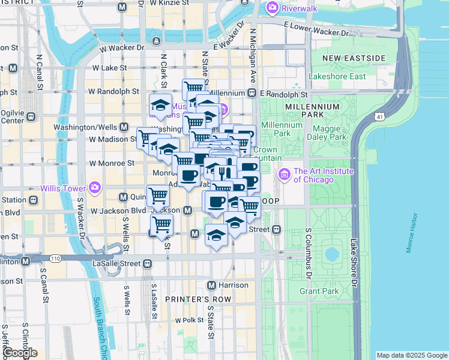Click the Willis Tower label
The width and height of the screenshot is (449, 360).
62,188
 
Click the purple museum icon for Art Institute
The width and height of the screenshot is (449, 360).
283,175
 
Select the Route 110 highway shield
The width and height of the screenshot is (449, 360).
55,259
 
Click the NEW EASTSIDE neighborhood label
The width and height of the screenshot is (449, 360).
354,58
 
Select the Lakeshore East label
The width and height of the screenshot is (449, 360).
337,76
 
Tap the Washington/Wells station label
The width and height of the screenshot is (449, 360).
85,127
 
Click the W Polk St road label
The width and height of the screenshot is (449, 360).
190,320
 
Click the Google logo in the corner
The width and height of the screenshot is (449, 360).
19,353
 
